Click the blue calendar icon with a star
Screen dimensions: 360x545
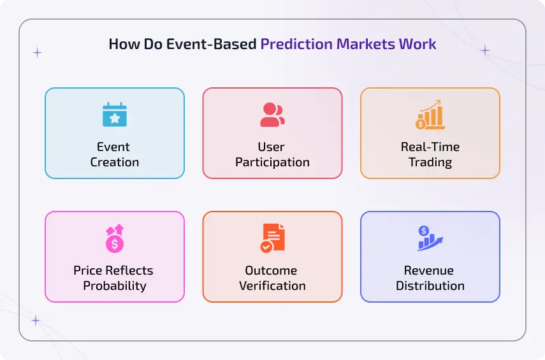115,115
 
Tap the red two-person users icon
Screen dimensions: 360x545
272,115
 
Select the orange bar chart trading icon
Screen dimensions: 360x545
430,115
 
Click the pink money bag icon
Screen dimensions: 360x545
115,238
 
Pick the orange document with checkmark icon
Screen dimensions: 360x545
272,238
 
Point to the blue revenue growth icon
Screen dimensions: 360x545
430,238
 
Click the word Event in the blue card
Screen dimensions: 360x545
115,147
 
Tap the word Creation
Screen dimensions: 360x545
115,162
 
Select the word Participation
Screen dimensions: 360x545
272,162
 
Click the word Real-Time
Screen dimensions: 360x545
430,147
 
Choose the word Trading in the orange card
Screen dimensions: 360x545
430,162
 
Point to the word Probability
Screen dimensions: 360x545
115,285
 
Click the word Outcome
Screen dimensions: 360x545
272,270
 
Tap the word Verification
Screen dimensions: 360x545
272,285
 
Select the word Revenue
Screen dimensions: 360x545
430,270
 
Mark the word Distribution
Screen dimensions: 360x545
430,285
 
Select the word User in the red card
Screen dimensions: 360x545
272,147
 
